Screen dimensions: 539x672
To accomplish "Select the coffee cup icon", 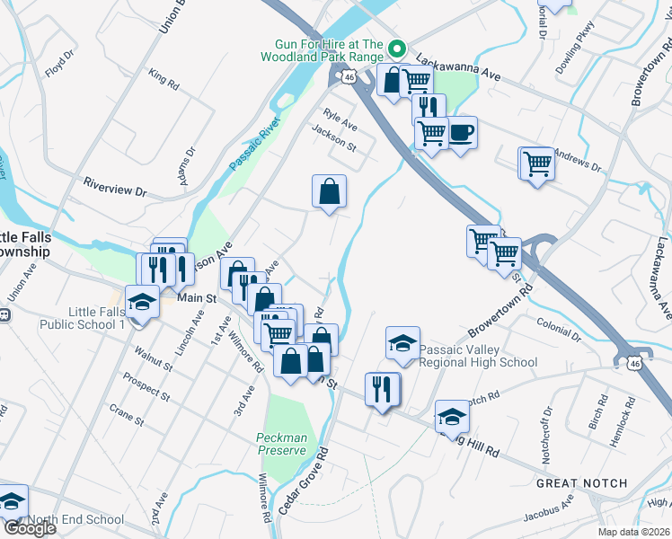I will click(461, 133).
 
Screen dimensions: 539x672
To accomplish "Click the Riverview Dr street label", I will click(114, 190).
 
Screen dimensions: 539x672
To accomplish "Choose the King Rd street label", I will click(164, 77).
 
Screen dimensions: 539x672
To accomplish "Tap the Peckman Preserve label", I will click(281, 444).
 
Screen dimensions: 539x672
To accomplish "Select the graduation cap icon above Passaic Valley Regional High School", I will click(402, 342).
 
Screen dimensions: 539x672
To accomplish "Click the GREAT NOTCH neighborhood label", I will click(581, 483).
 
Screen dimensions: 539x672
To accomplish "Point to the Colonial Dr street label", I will click(559, 322).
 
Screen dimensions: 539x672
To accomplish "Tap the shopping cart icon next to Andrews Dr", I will click(536, 163).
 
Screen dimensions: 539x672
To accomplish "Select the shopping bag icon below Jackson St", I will click(329, 190).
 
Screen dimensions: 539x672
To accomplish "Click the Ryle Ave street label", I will click(340, 120).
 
